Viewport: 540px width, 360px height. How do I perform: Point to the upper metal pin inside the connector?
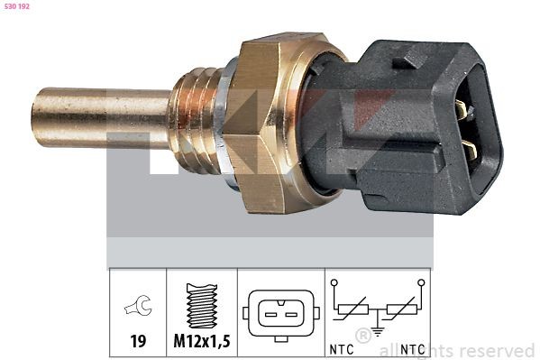(x=462, y=111)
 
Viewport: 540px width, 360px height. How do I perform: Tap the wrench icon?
(x=139, y=309)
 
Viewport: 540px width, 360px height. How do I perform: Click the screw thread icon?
(x=204, y=306)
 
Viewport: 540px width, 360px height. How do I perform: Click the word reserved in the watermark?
(x=499, y=350)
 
